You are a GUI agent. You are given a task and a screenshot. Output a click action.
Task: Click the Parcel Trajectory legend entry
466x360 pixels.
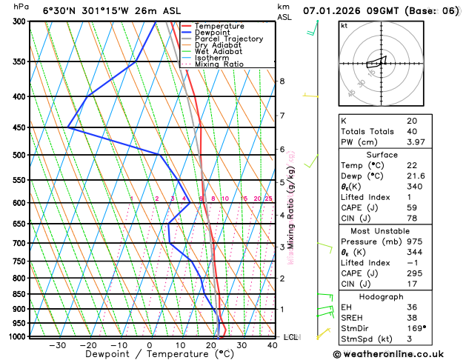tap(233, 39)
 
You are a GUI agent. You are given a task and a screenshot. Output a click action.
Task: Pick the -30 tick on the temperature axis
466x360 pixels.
tap(57, 345)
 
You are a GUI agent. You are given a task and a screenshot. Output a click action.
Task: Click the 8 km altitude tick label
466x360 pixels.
tap(282, 81)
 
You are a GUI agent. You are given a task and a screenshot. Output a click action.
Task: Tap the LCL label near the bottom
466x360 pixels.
tap(290, 337)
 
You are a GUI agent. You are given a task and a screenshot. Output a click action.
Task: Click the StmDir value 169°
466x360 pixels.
tap(416, 328)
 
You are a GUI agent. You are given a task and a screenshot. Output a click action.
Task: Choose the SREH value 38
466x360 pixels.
tap(412, 317)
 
